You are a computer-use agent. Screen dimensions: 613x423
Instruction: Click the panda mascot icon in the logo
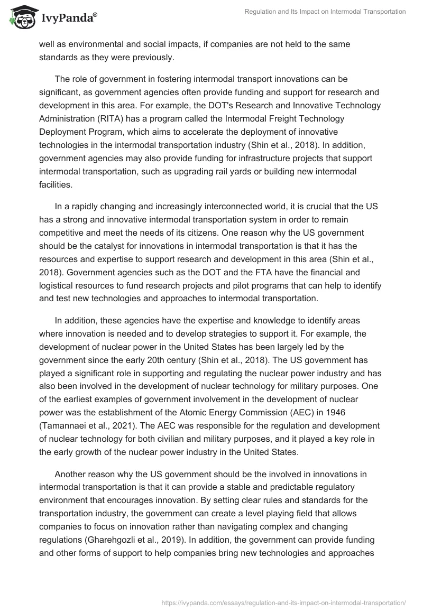coord(21,18)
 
